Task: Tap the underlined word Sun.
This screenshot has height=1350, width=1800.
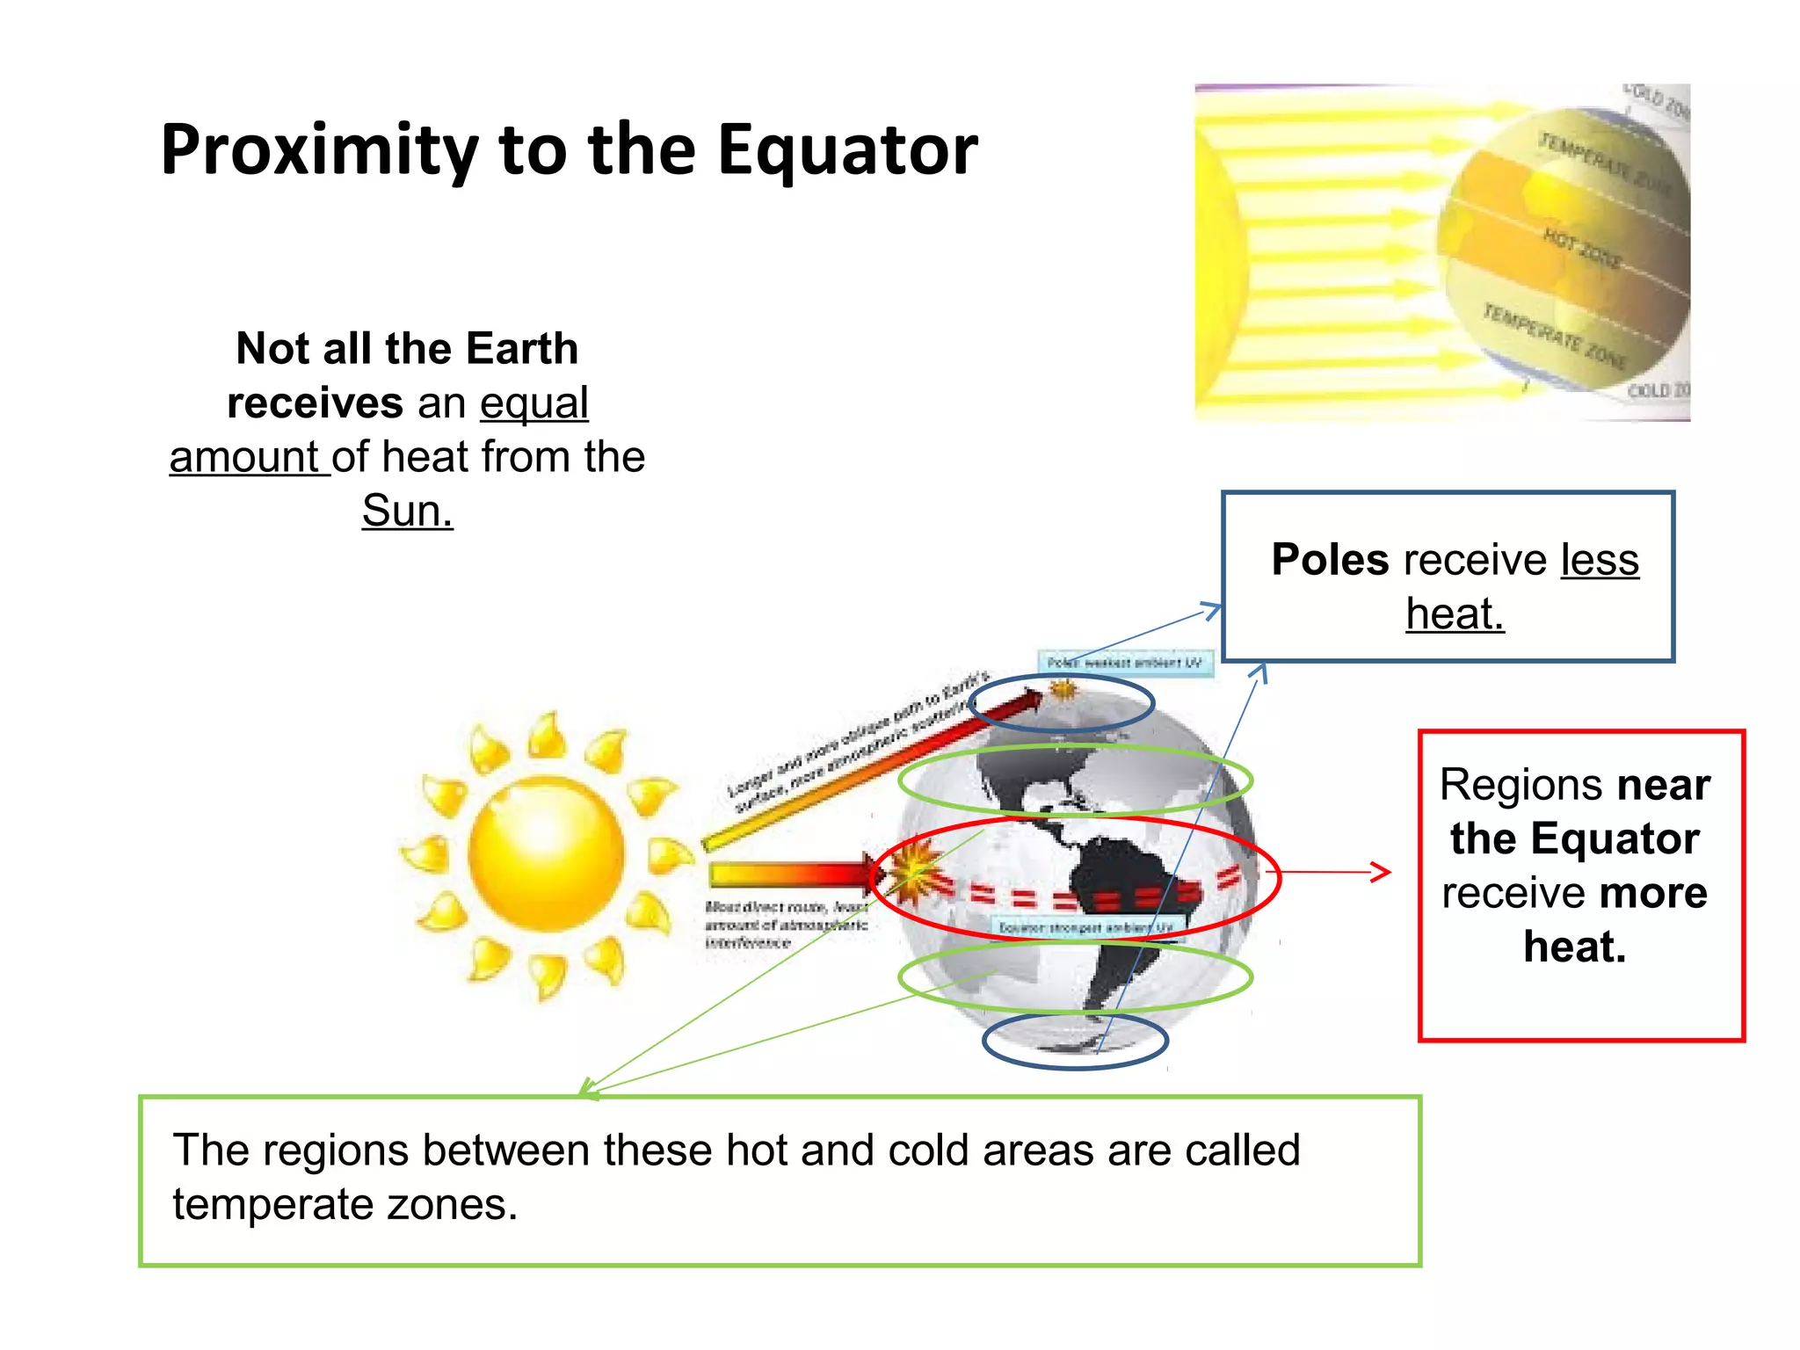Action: click(x=407, y=511)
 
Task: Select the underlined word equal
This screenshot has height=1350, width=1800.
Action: click(x=533, y=403)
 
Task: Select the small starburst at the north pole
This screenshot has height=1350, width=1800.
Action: click(x=1063, y=689)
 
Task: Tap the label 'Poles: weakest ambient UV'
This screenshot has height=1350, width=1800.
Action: click(x=1125, y=663)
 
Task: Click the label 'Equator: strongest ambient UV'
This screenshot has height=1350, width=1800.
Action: click(x=1086, y=927)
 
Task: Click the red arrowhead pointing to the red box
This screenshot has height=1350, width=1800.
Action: click(x=1382, y=872)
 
